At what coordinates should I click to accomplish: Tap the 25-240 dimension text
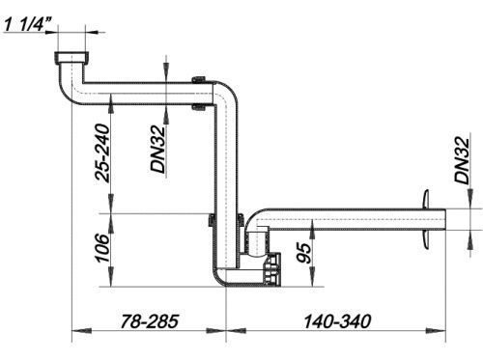click(x=102, y=153)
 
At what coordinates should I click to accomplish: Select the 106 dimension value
click(x=102, y=248)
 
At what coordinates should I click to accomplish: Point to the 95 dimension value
click(x=304, y=253)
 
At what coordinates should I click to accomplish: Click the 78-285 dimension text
click(x=149, y=321)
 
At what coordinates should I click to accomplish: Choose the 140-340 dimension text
click(x=337, y=321)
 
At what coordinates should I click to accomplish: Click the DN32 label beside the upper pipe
click(x=158, y=149)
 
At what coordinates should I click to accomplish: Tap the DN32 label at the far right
click(x=462, y=160)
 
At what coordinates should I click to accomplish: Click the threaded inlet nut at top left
click(x=71, y=58)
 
